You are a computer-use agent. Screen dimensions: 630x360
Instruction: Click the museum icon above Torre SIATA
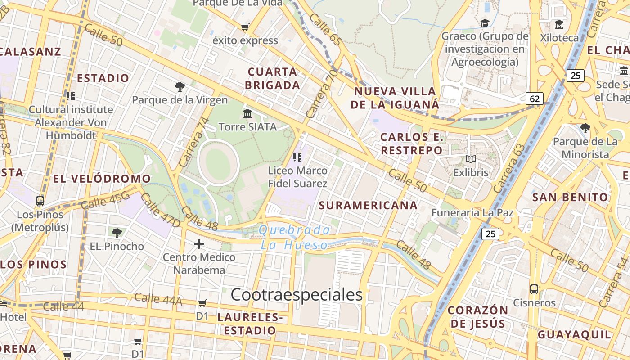click(x=247, y=113)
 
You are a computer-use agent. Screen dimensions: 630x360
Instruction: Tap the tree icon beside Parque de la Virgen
click(x=180, y=87)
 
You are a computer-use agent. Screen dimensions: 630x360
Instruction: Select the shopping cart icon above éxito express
click(x=245, y=27)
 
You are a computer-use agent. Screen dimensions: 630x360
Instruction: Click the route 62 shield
click(x=535, y=99)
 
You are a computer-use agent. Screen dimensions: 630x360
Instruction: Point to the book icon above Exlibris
click(x=471, y=159)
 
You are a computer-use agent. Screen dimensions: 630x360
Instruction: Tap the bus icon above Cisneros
click(x=534, y=289)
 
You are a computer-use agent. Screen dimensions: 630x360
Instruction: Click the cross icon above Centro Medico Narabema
click(x=199, y=244)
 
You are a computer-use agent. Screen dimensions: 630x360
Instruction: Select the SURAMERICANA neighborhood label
click(x=368, y=206)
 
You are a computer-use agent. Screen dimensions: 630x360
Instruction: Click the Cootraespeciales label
click(x=297, y=294)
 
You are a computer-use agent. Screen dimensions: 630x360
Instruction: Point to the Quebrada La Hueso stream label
click(x=295, y=238)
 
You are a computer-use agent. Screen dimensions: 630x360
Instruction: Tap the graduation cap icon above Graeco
click(x=485, y=23)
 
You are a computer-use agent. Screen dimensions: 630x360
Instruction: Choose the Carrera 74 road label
click(x=194, y=142)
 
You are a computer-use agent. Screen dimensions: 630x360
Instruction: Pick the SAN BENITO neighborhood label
click(x=570, y=197)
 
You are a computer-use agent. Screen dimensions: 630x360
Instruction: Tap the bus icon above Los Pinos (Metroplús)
click(x=40, y=201)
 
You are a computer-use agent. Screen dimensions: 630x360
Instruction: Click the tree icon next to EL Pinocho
click(x=117, y=233)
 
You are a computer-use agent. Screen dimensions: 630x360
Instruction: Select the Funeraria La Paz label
click(x=472, y=212)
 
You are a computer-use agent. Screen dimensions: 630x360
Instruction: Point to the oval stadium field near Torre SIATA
click(x=218, y=162)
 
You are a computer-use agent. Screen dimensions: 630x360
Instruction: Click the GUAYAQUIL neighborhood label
click(x=575, y=334)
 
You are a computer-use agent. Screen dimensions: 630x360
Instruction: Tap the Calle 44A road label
click(x=158, y=299)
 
